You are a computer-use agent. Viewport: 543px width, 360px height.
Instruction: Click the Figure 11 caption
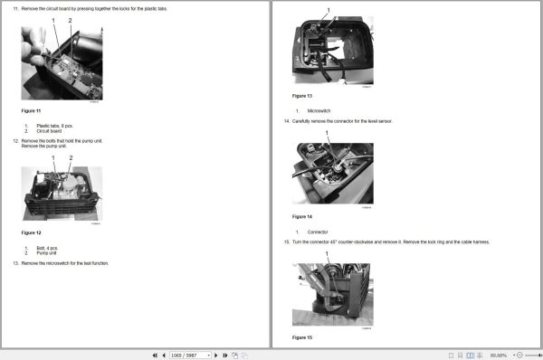(33, 110)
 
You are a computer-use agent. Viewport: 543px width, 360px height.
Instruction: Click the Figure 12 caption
(33, 233)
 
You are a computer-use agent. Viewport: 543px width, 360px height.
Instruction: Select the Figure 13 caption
(302, 95)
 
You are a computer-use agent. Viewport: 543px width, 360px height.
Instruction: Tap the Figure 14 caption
(302, 217)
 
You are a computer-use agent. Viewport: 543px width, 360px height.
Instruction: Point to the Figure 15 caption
(302, 337)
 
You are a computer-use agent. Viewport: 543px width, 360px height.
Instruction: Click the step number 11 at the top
(15, 8)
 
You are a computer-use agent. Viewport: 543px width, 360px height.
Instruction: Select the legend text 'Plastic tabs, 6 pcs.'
(54, 126)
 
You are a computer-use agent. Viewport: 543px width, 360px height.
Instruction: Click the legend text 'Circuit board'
(48, 131)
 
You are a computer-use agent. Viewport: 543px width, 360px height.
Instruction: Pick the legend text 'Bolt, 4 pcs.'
(47, 248)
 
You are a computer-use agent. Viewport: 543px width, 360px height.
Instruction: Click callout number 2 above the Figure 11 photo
(70, 20)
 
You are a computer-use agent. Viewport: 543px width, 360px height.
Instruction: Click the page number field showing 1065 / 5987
(189, 355)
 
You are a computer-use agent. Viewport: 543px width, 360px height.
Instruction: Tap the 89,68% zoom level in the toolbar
(499, 355)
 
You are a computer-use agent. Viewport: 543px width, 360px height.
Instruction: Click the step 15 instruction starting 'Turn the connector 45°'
(390, 242)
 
